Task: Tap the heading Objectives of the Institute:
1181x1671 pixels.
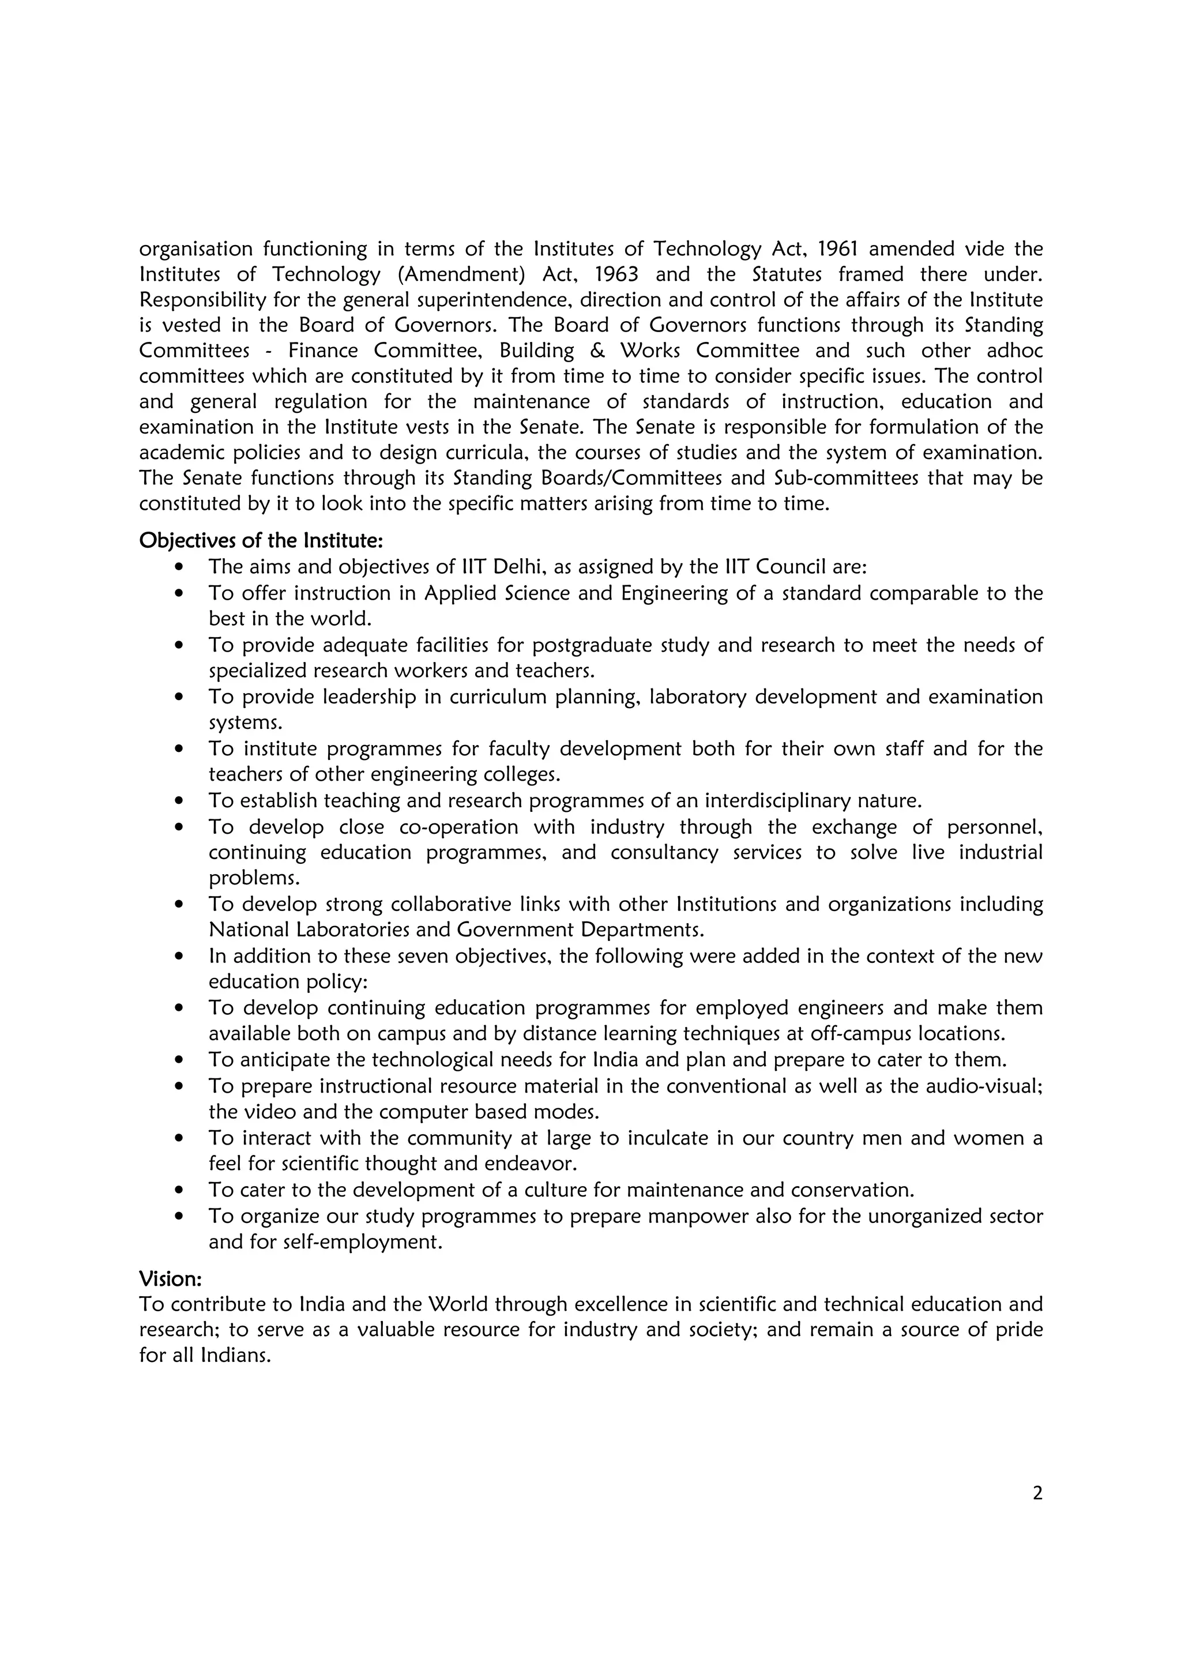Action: (x=261, y=540)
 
